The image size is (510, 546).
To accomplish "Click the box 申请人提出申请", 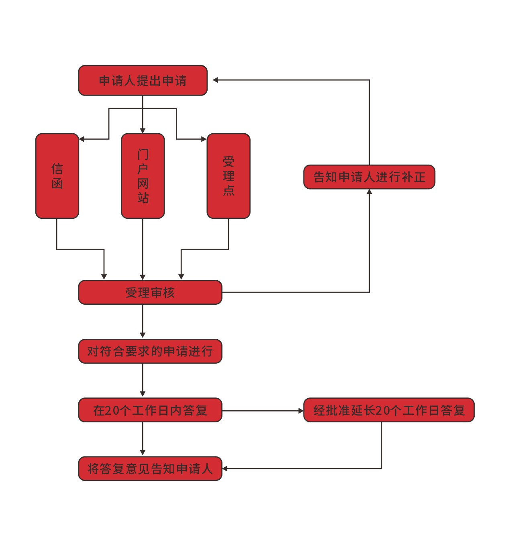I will (x=143, y=80).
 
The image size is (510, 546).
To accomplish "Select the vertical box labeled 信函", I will (x=57, y=176).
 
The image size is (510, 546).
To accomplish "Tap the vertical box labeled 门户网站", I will (x=143, y=176).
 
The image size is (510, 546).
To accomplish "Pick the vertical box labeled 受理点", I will (x=228, y=176).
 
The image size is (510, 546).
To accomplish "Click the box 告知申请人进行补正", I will (x=369, y=177).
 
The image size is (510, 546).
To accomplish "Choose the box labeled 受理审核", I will (x=150, y=292).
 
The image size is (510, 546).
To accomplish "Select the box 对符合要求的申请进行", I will (x=150, y=351).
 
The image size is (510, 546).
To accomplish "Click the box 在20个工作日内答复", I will (x=150, y=410).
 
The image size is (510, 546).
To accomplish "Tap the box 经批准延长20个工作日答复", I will (x=389, y=410).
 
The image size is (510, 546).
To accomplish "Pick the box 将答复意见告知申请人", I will (x=150, y=469).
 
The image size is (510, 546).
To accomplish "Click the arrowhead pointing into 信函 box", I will (x=82, y=139).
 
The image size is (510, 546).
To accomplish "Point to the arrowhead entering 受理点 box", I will (x=204, y=139).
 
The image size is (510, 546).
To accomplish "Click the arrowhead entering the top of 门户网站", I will (x=143, y=130).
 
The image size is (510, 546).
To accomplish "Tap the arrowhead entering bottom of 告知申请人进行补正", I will (x=369, y=192).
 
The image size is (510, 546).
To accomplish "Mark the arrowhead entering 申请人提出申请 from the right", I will (x=215, y=80).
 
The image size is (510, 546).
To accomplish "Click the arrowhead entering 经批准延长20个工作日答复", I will (x=301, y=411).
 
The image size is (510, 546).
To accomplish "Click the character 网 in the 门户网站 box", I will (x=143, y=183).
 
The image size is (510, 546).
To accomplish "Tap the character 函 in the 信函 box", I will (x=57, y=183).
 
